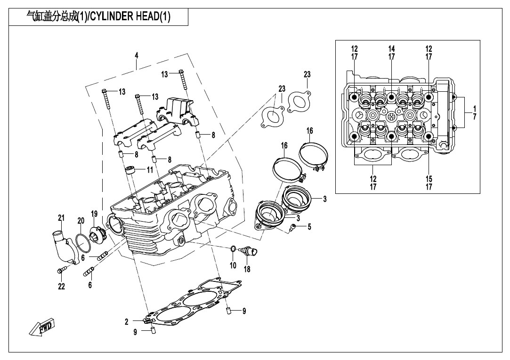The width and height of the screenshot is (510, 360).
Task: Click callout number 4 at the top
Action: click(137, 56)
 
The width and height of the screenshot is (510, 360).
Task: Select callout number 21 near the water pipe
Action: click(61, 217)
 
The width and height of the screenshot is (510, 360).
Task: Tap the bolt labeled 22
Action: click(60, 270)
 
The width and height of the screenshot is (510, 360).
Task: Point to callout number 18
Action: click(247, 269)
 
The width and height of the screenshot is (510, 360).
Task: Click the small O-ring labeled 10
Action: click(233, 248)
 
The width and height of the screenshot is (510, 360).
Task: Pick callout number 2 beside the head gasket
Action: click(127, 322)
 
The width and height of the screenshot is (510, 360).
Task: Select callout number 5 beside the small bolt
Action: click(309, 227)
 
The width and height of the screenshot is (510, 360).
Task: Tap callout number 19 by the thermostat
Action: click(94, 214)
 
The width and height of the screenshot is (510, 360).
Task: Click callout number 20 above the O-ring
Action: click(81, 220)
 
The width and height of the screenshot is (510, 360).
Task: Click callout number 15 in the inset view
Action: click(429, 178)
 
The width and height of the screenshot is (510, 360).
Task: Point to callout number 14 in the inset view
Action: click(391, 49)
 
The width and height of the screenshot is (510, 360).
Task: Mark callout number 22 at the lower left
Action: click(61, 287)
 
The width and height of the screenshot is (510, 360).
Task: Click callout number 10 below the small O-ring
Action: click(233, 265)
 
